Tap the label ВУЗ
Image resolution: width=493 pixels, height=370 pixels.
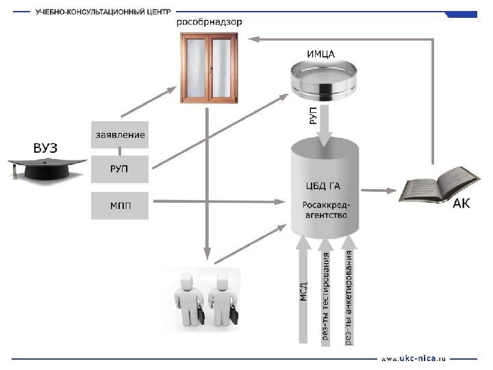(45, 148)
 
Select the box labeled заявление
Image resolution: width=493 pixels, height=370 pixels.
(119, 135)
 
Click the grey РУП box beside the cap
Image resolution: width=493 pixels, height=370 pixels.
(119, 168)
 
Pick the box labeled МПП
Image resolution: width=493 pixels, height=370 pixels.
(119, 204)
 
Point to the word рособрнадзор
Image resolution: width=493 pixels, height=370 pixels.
(209, 22)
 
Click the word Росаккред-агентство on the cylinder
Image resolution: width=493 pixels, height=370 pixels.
(326, 209)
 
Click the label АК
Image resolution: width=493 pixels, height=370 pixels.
(462, 204)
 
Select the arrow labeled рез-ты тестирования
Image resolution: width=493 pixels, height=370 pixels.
(326, 295)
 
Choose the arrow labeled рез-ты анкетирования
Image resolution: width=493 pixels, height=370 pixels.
(349, 295)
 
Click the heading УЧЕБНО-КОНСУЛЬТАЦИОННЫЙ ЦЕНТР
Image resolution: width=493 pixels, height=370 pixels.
(103, 12)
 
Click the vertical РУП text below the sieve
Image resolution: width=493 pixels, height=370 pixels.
(313, 115)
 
